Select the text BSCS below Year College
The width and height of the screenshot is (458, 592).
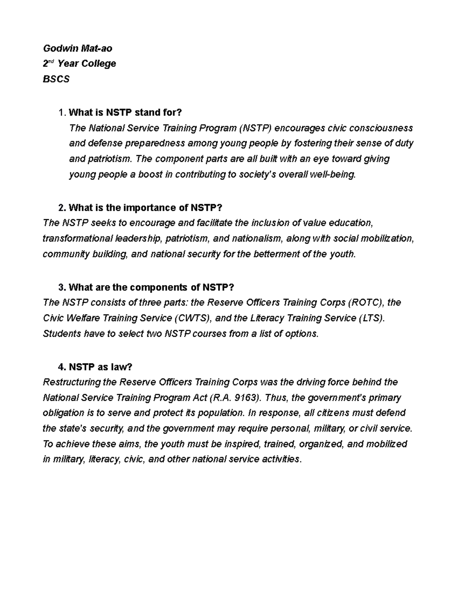56,79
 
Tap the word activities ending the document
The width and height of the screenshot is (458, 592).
281,459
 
